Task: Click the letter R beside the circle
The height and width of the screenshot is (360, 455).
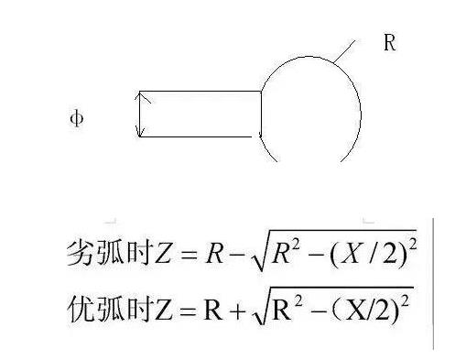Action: (x=389, y=43)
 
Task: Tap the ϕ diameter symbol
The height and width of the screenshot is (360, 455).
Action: (x=77, y=119)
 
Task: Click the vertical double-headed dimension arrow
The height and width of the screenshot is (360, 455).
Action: (x=138, y=115)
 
